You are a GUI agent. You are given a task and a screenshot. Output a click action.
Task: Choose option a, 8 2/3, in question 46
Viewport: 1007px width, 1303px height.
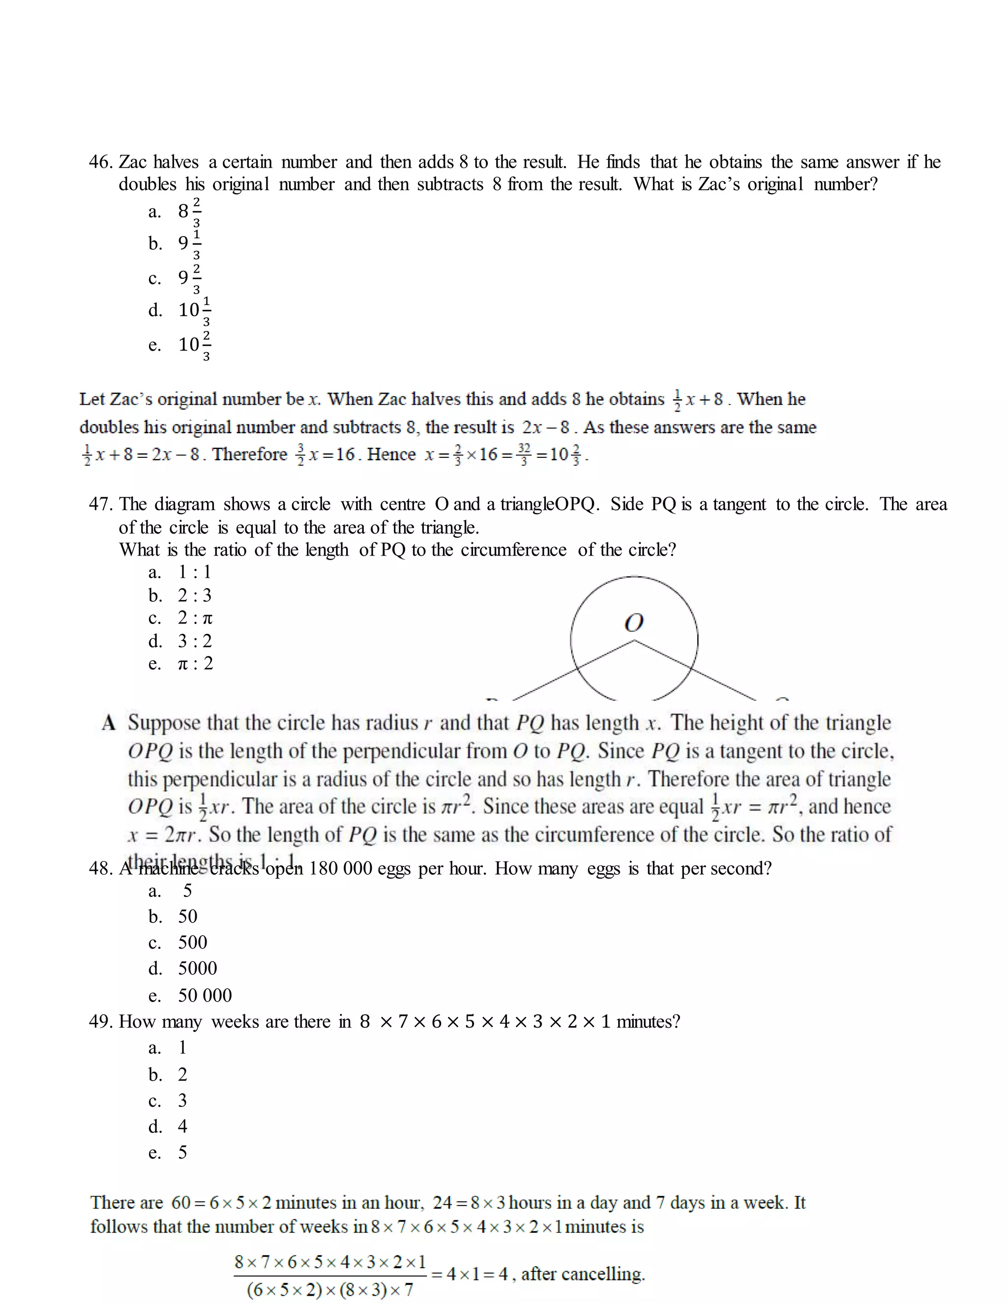[x=189, y=211]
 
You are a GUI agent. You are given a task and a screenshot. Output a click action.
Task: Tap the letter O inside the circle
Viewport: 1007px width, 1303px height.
[x=633, y=623]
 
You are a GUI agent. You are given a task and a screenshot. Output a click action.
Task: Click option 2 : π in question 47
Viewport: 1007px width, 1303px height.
[x=195, y=618]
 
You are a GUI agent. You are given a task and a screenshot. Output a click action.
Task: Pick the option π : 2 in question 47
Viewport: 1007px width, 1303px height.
[x=195, y=663]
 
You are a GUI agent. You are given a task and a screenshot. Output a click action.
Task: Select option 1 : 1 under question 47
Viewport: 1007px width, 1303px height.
[x=195, y=572]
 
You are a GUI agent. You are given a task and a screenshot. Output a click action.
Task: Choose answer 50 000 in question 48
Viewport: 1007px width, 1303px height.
[x=205, y=995]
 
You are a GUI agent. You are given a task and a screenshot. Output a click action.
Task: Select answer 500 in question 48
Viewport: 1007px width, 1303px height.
[x=192, y=943]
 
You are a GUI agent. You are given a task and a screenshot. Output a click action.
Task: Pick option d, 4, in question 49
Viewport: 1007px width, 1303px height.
[x=182, y=1126]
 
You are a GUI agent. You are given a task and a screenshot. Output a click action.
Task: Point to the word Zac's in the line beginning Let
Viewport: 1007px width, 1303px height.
[x=131, y=399]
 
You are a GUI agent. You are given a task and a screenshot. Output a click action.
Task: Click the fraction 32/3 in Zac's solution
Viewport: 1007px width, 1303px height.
[x=524, y=455]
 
